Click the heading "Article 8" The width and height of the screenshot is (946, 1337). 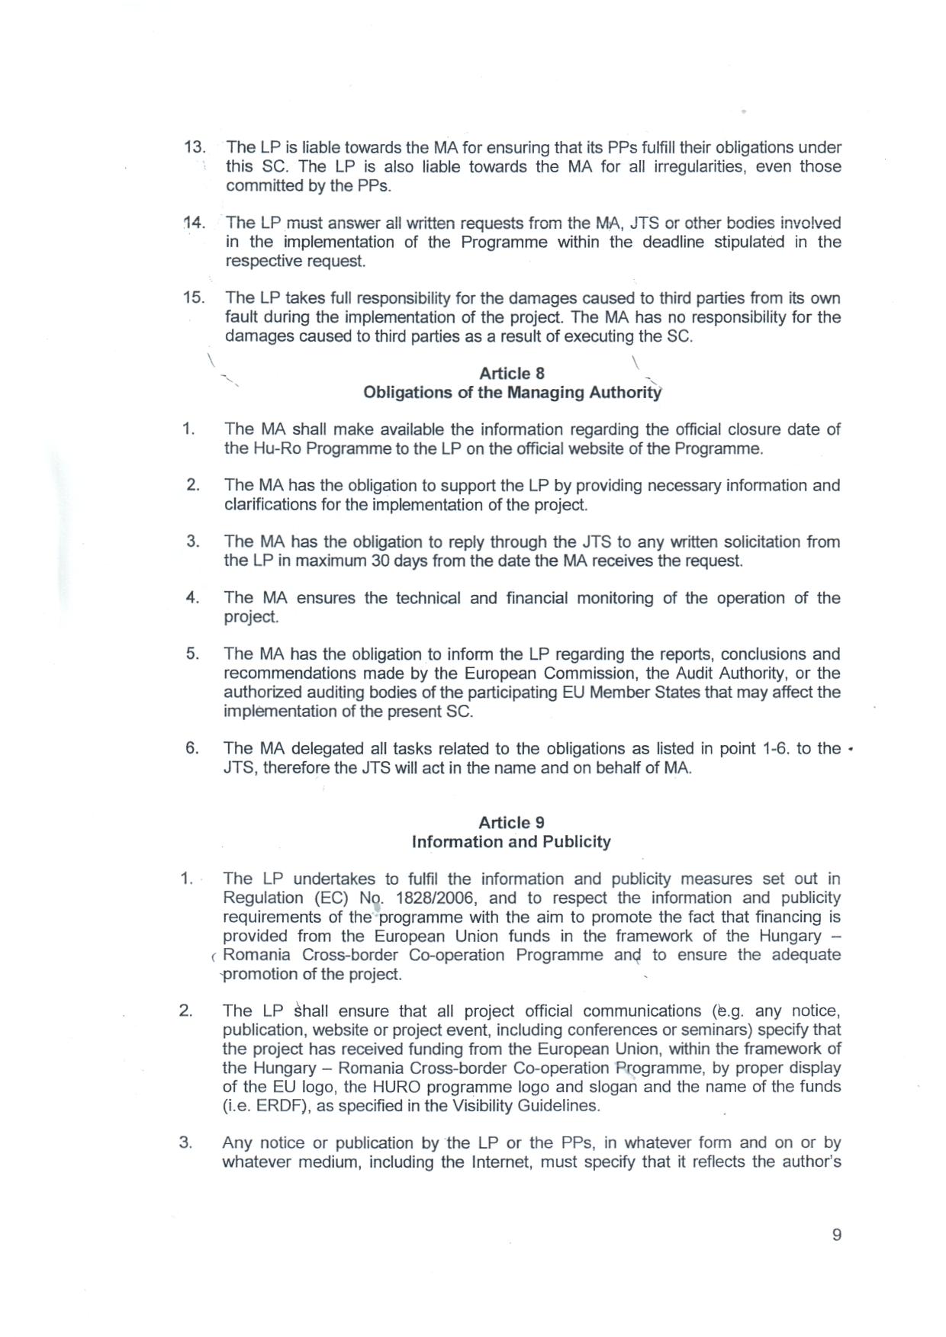511,374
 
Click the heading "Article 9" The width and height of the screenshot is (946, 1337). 511,823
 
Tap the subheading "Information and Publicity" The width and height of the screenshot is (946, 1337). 511,842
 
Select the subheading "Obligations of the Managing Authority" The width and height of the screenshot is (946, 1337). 513,393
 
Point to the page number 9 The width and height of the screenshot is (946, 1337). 837,1236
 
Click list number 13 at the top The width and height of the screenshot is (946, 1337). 195,147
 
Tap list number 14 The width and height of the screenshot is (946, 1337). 195,223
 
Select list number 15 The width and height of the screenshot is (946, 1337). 195,298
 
